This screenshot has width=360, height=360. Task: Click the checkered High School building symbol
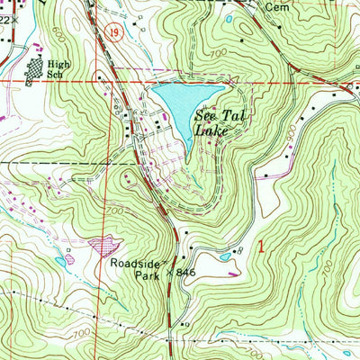[x=35, y=70]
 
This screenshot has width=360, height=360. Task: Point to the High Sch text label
[x=58, y=70]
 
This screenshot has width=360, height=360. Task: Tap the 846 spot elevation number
[x=185, y=271]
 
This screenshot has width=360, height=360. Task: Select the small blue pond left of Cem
[x=229, y=18]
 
